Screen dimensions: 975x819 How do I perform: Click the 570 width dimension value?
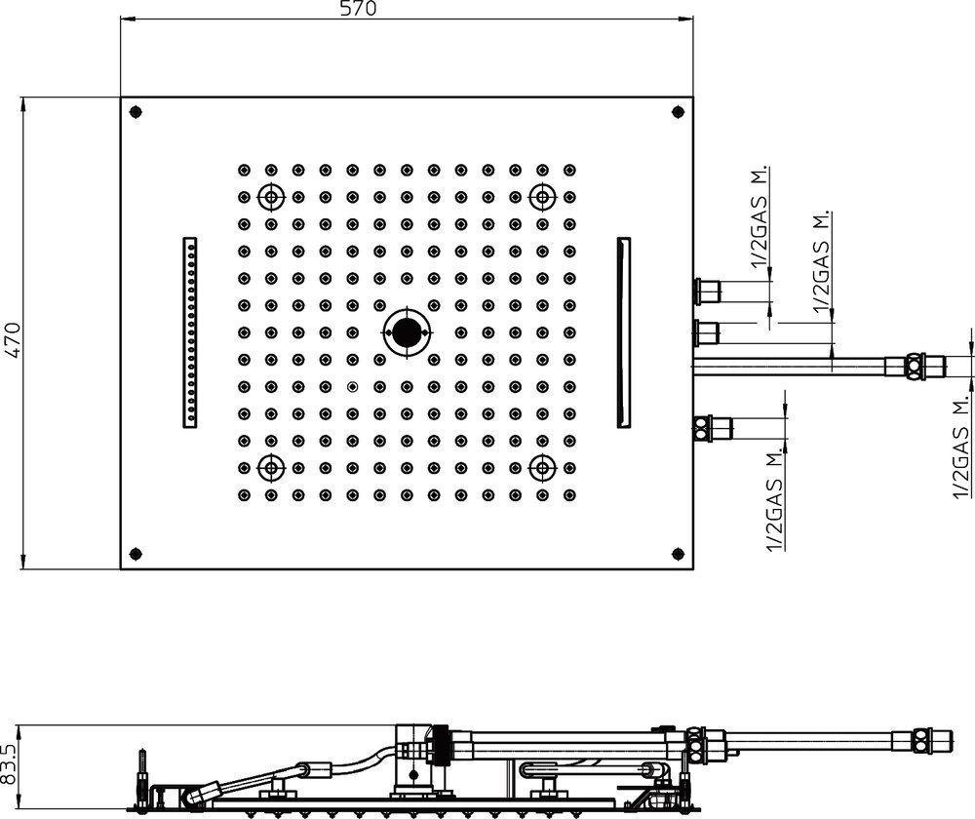358,9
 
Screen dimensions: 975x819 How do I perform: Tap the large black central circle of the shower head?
407,332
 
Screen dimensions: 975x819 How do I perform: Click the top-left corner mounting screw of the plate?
136,112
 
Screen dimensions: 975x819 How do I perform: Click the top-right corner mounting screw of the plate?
678,112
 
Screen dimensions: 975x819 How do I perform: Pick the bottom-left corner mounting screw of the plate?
136,554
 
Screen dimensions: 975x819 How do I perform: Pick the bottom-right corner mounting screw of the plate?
678,553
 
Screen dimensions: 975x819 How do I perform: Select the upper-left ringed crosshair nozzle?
271,197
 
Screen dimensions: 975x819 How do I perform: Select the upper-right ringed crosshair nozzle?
543,197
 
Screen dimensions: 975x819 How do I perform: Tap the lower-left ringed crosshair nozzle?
271,468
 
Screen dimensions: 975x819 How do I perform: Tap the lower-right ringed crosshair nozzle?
543,468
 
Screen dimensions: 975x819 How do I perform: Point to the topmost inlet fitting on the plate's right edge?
706,291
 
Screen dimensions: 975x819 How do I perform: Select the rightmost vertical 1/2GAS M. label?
962,446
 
